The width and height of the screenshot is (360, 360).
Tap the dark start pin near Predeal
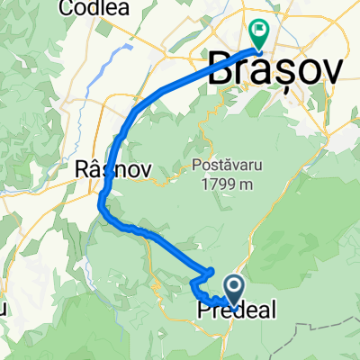coord(234,290)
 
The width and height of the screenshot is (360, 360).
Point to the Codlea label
coord(92,9)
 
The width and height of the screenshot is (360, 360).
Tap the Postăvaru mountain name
coord(226,165)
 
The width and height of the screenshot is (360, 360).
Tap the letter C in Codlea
coord(65,9)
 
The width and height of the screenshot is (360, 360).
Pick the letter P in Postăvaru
coord(195,165)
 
